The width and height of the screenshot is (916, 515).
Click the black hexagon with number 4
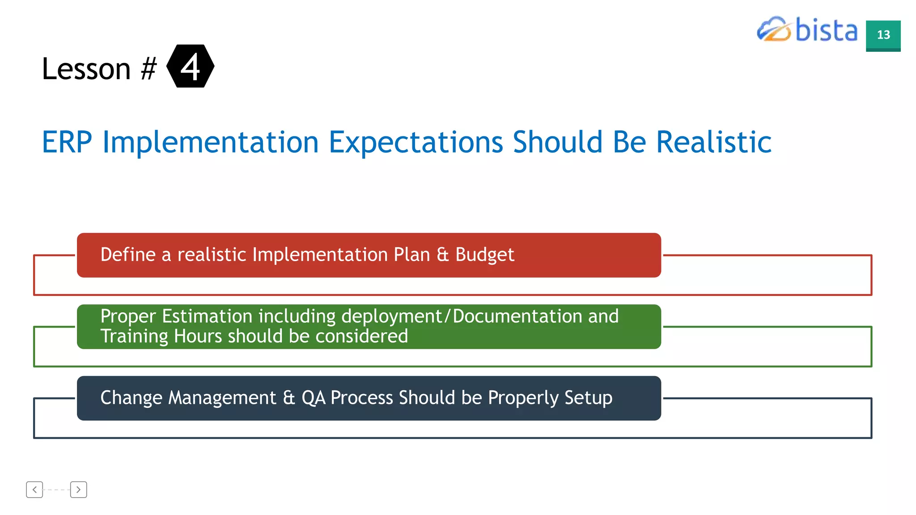pos(190,66)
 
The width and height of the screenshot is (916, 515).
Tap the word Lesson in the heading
pos(86,69)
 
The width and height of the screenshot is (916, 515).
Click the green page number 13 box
pos(883,35)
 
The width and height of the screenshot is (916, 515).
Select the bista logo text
pos(826,30)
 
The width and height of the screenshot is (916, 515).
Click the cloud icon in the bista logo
pos(773,30)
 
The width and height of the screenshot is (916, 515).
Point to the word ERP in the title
pos(67,143)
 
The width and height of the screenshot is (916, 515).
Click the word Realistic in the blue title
pos(713,143)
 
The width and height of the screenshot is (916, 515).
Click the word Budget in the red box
pos(484,255)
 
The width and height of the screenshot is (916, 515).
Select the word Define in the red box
pos(128,254)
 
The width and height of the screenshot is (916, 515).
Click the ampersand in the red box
pos(442,254)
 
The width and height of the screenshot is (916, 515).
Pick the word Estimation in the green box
pos(207,317)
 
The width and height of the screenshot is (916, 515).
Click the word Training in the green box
pos(134,336)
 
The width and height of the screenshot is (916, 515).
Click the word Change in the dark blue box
pos(131,398)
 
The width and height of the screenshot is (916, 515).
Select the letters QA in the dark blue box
pos(313,398)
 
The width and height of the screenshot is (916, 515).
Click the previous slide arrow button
pos(34,490)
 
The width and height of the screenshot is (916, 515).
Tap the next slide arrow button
pos(78,490)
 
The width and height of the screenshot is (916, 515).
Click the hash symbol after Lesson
pos(148,69)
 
